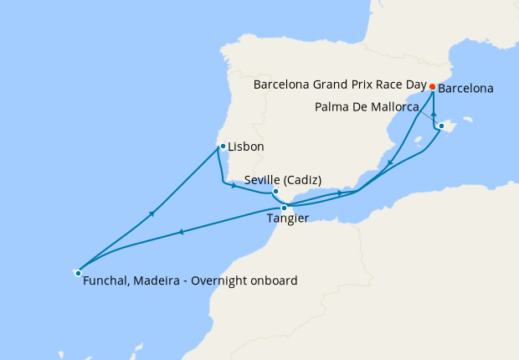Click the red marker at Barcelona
pyautogui.click(x=432, y=87)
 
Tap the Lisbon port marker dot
pyautogui.click(x=222, y=147)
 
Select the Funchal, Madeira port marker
pyautogui.click(x=78, y=272)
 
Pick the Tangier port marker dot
pyautogui.click(x=285, y=208)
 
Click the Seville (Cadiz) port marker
pyautogui.click(x=275, y=192)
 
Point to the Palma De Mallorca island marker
pyautogui.click(x=441, y=126)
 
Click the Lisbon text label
pyautogui.click(x=246, y=147)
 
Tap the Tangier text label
pyautogui.click(x=286, y=219)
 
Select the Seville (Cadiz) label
pyautogui.click(x=283, y=179)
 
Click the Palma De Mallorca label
pyautogui.click(x=367, y=107)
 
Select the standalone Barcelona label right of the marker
pyautogui.click(x=465, y=88)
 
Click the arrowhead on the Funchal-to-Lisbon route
pyautogui.click(x=152, y=214)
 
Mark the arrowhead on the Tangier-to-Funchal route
pyautogui.click(x=181, y=232)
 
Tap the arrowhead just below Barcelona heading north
pyautogui.click(x=434, y=115)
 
